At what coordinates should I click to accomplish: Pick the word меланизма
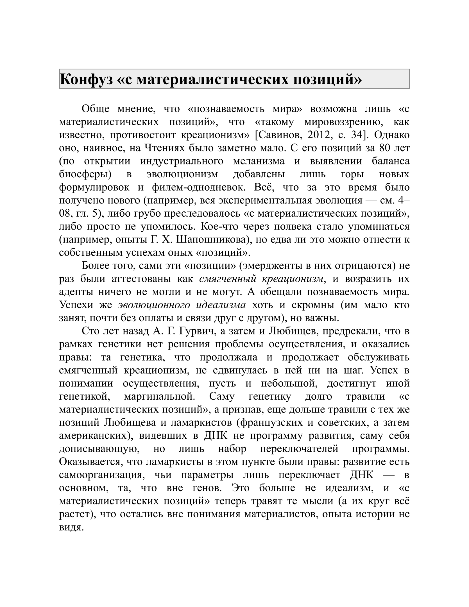tap(259, 161)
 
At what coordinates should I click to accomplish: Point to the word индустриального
tap(182, 161)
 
